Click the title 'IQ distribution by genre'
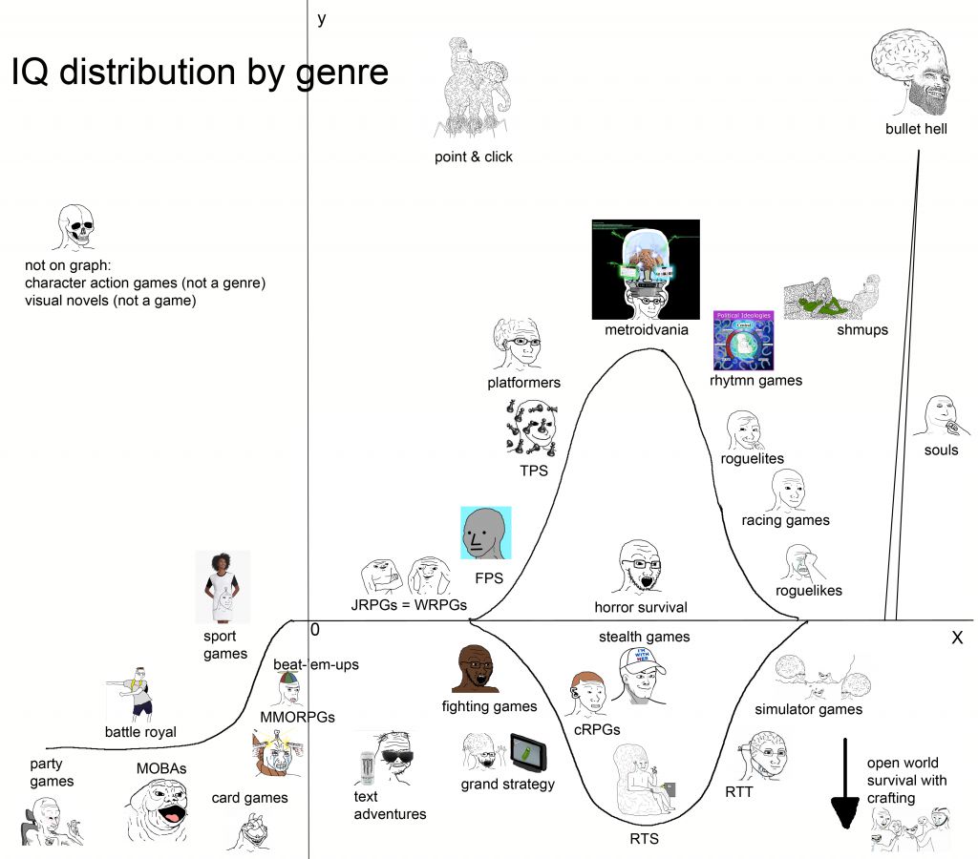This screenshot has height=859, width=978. click(x=200, y=73)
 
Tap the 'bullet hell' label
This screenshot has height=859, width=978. click(x=916, y=129)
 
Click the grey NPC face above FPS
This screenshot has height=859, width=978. click(x=486, y=533)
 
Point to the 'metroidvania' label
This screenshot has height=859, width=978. click(x=646, y=330)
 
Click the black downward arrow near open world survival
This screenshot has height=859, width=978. click(x=844, y=783)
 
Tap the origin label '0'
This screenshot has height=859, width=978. click(x=314, y=630)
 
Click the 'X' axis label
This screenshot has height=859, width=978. click(x=956, y=639)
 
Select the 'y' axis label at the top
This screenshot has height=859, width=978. click(x=322, y=18)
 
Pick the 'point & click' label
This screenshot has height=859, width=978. click(x=474, y=157)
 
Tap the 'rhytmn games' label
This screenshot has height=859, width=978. click(x=755, y=380)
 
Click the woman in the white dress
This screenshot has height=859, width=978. click(x=223, y=586)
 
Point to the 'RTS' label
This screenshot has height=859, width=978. click(x=643, y=839)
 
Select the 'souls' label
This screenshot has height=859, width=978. click(x=941, y=450)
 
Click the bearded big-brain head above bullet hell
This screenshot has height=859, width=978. click(x=914, y=71)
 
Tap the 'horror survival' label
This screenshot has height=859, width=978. click(x=640, y=607)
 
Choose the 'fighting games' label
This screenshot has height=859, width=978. click(x=489, y=706)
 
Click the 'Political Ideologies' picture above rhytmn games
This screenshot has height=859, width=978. click(x=743, y=340)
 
